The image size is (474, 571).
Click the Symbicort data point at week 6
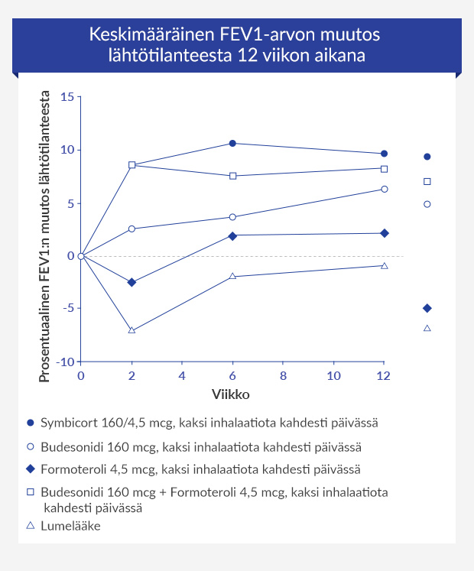point(232,143)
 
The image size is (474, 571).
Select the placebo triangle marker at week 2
point(131,330)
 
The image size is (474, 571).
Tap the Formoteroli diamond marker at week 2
point(131,282)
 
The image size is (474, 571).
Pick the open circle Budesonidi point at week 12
point(384,189)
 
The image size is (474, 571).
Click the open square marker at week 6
point(232,176)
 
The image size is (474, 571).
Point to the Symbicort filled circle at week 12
point(384,154)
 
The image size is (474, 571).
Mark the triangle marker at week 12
point(384,265)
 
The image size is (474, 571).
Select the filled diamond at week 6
point(232,235)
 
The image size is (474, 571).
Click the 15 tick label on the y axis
point(67,97)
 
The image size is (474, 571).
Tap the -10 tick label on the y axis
point(65,362)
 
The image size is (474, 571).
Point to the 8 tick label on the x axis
point(283,376)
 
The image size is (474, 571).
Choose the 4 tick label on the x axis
point(182,376)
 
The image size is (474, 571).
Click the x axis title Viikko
point(232,394)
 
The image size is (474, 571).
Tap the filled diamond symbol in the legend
point(30,469)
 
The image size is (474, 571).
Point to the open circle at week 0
point(81,255)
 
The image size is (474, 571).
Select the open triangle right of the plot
point(427,328)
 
